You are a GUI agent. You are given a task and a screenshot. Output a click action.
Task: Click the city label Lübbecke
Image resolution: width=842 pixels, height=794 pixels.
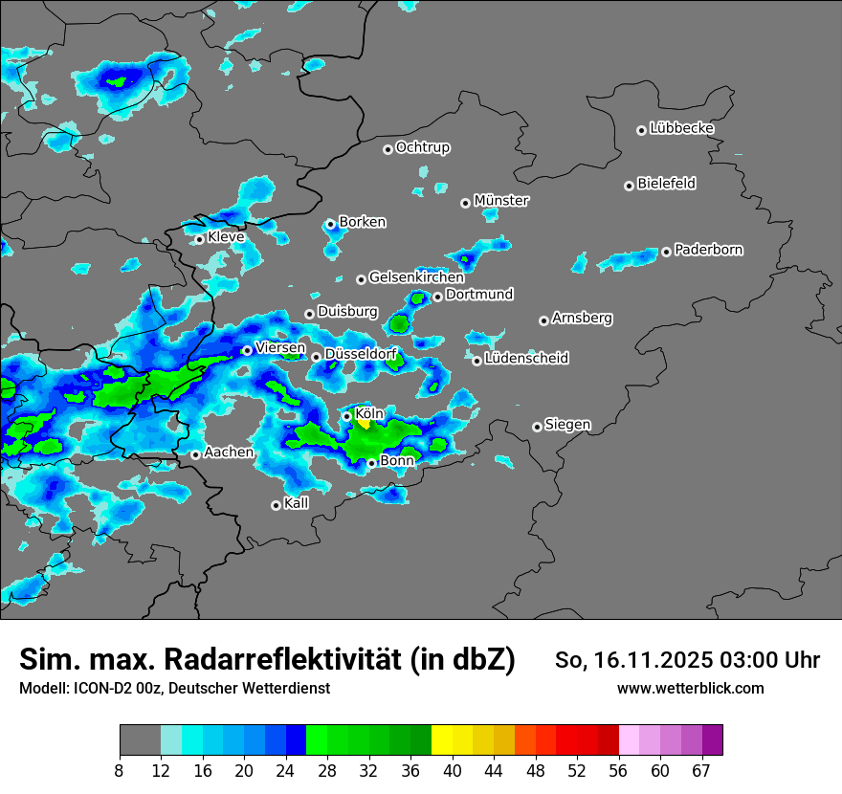(x=681, y=128)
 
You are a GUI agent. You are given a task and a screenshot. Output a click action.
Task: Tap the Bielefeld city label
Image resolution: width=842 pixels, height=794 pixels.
(x=666, y=184)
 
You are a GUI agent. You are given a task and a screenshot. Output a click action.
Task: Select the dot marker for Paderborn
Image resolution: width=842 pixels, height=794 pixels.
(x=666, y=252)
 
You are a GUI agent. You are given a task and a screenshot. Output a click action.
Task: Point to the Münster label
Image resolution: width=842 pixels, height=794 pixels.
(x=500, y=201)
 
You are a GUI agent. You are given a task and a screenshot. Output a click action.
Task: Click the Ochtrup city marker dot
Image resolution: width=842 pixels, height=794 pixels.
(x=388, y=148)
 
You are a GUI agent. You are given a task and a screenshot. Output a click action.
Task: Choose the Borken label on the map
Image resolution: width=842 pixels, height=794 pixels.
(x=362, y=222)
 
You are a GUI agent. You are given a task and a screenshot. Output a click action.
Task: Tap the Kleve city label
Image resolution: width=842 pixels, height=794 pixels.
(x=226, y=237)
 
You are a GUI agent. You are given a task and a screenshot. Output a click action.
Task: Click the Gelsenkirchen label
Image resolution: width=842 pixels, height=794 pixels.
(x=415, y=277)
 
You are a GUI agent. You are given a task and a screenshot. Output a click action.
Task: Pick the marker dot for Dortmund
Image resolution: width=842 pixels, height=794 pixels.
(x=437, y=297)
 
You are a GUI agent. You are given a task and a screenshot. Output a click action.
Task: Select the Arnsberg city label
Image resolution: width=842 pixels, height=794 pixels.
(x=582, y=318)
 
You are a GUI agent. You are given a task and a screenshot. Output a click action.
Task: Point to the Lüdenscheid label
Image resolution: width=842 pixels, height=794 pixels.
(x=526, y=359)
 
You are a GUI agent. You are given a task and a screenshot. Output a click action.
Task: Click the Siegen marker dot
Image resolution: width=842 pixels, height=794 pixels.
(x=537, y=427)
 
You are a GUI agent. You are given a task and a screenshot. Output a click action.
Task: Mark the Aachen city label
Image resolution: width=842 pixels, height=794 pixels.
(x=229, y=452)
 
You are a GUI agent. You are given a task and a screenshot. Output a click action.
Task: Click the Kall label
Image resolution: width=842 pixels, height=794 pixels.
(x=296, y=503)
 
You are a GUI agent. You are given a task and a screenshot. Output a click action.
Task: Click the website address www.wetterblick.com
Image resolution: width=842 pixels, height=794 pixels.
(x=690, y=688)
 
